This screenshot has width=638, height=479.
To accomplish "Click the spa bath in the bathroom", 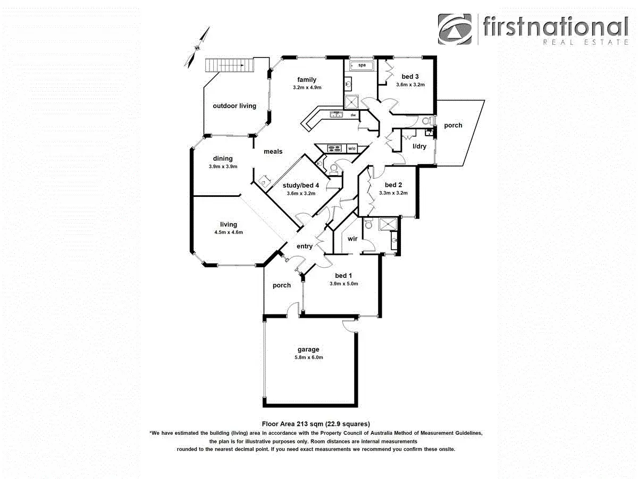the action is click(361, 65).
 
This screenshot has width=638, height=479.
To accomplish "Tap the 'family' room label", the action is click(307, 80).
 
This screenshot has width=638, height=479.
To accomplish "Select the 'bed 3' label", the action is click(410, 77).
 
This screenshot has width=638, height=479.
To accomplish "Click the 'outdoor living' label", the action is click(234, 106).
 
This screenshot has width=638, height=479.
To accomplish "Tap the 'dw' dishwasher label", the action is click(352, 115).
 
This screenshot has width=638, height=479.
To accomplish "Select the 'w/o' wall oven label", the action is click(351, 148).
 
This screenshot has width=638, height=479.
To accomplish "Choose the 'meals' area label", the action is click(273, 152).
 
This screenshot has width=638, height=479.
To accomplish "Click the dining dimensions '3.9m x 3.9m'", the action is click(223, 167).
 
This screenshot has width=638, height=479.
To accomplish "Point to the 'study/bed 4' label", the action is click(301, 185).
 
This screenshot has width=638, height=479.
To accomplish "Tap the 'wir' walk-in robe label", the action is click(352, 239).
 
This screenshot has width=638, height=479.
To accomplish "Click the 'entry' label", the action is click(305, 246).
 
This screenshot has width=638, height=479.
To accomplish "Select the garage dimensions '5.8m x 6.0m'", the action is click(308, 357).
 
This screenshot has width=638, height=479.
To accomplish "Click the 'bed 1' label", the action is click(343, 276).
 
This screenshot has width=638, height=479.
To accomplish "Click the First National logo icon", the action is click(455, 29).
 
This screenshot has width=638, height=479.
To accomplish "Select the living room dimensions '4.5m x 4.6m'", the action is click(229, 232).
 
